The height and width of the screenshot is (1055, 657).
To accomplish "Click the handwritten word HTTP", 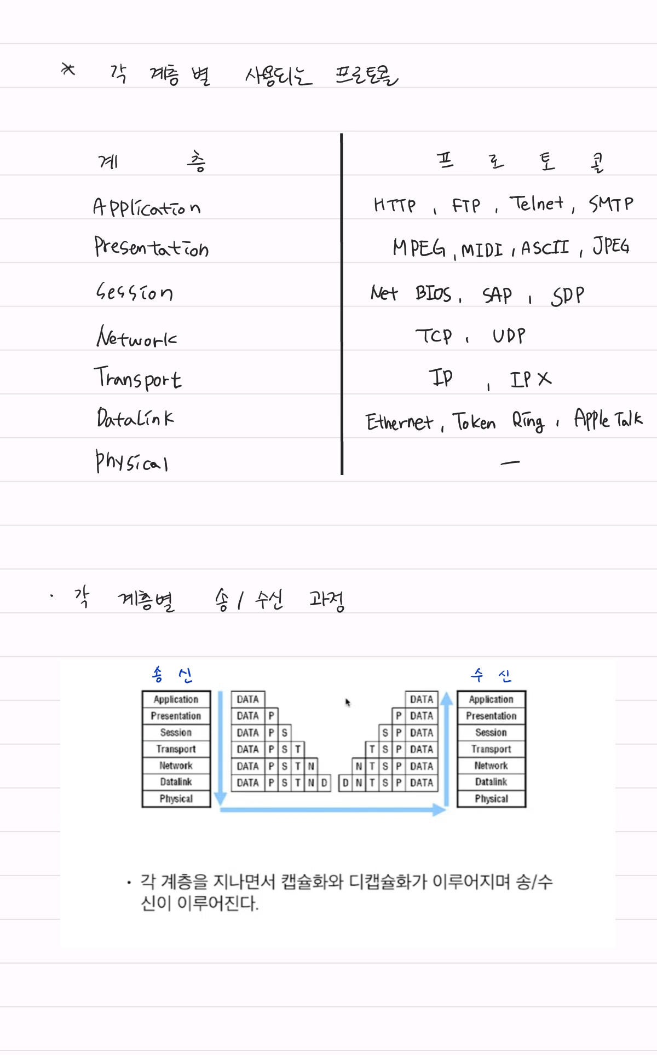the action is (x=394, y=205).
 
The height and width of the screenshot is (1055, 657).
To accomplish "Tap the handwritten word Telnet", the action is (x=537, y=204).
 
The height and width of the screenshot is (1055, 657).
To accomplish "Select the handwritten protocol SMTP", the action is (x=611, y=204).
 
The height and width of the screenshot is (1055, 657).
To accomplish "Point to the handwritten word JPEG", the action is (x=611, y=246).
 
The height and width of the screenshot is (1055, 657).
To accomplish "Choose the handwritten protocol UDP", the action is (x=509, y=335).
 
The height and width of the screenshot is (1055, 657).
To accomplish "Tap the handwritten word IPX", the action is (x=531, y=379).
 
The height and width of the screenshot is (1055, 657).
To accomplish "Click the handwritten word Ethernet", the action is (x=399, y=422).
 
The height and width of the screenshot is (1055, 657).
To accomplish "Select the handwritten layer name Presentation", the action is (x=151, y=248).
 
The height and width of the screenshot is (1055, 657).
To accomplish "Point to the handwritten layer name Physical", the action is (x=131, y=462).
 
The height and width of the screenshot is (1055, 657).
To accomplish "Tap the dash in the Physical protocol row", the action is (x=510, y=463).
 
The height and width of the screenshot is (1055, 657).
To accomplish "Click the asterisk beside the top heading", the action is (x=68, y=69).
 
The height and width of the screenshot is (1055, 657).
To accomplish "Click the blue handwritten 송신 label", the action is (x=172, y=675).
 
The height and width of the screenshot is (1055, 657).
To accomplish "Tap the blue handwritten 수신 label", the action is (x=491, y=675).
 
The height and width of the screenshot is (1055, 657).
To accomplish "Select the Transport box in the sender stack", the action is (x=176, y=749).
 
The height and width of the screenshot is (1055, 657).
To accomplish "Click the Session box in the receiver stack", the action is (x=491, y=733).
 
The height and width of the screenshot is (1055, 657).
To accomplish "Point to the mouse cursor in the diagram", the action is (x=347, y=702).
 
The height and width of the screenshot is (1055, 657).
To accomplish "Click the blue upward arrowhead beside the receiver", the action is (x=447, y=699).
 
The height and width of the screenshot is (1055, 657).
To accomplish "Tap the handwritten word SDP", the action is (x=568, y=295).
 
